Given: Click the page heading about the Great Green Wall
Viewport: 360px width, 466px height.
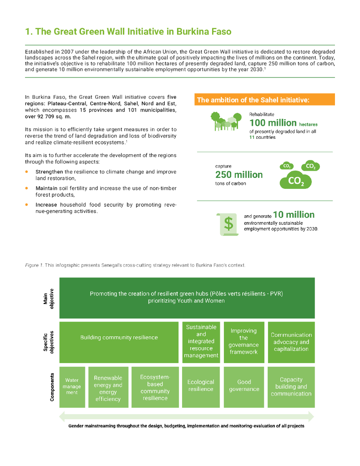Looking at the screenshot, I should (128, 31).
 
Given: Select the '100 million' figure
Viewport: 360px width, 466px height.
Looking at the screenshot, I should (273, 123).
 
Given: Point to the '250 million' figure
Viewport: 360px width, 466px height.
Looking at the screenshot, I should (239, 175).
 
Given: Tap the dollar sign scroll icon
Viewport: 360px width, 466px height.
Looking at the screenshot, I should (229, 223).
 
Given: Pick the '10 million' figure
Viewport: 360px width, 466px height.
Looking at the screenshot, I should (294, 214).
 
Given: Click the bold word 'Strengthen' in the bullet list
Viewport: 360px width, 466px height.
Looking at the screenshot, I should (49, 172).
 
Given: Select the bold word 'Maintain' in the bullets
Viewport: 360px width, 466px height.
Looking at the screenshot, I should (46, 188).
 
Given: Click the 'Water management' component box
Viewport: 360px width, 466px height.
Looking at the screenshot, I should (71, 387).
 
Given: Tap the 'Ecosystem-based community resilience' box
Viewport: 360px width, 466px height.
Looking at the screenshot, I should (155, 387).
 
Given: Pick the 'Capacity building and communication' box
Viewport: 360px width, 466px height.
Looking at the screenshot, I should (291, 387).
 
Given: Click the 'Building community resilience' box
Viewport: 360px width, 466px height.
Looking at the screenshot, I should (119, 338).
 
